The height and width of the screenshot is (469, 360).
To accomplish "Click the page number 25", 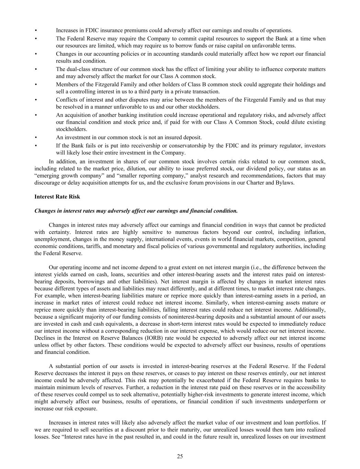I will point(180,456).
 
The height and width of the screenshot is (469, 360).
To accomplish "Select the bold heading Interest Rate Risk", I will point(57,197).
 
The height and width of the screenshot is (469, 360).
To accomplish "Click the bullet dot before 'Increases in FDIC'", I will point(36,30).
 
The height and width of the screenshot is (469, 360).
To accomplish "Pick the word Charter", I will point(255,183).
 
